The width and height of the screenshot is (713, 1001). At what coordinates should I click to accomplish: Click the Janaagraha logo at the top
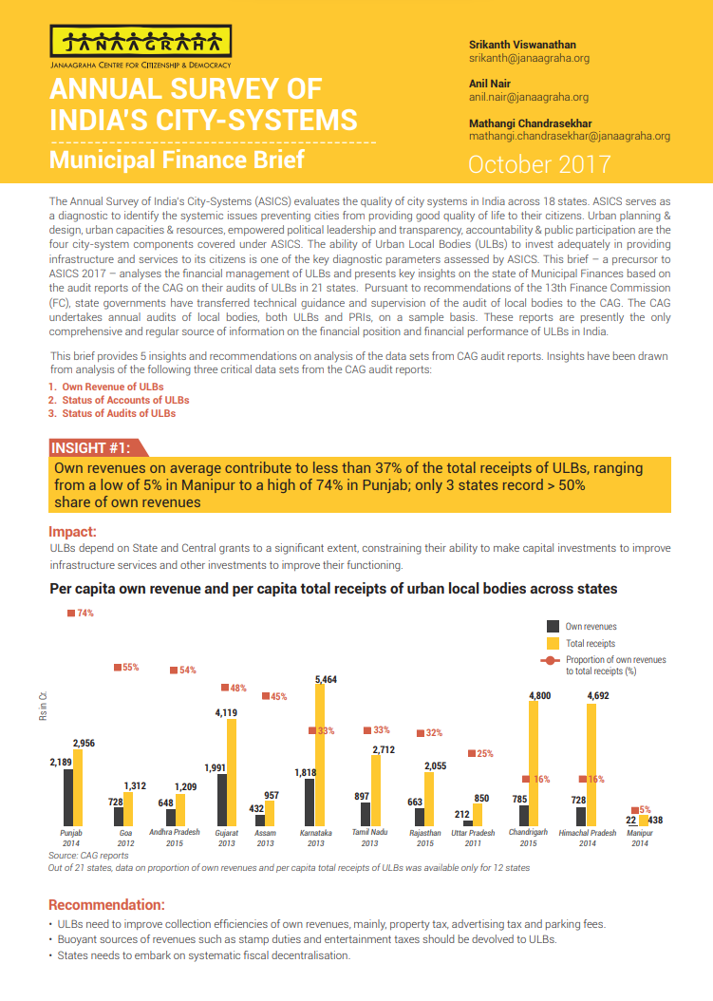coord(140,42)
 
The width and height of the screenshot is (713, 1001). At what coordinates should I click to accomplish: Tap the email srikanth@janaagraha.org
coord(529,58)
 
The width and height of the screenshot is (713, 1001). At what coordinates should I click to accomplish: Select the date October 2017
coord(539,163)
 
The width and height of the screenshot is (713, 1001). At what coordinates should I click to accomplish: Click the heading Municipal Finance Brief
coord(177,159)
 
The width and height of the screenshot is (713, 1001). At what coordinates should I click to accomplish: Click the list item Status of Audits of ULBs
coord(119,413)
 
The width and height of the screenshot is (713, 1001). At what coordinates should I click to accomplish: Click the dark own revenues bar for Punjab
coord(68,797)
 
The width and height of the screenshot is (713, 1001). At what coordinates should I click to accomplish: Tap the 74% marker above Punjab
coord(81,613)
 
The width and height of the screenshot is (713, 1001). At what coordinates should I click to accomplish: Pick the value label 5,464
coord(326,679)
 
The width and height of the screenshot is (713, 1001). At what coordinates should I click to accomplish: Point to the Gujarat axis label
coord(226,833)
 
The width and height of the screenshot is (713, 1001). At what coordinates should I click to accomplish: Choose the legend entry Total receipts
coord(590,643)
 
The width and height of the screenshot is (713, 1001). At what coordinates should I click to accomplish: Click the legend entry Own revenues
coord(591,627)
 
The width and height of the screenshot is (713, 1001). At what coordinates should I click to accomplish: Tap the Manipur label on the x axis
coord(640,833)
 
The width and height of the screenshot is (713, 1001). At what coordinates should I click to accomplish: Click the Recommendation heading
coord(106,904)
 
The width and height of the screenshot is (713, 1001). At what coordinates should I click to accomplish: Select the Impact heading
coord(73,531)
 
